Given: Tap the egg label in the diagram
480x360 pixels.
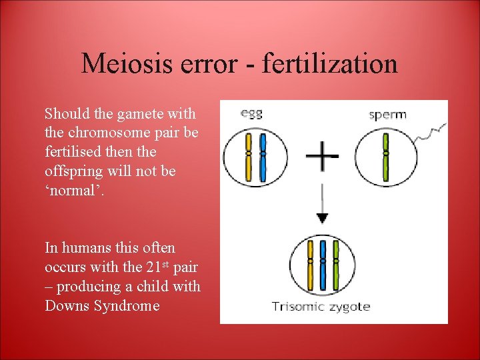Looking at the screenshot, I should click(251, 113).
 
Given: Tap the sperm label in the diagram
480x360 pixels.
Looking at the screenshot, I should click(387, 114).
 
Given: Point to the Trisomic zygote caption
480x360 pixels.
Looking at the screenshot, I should click(320, 307).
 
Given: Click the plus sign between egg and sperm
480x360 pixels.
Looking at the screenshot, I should click(322, 157).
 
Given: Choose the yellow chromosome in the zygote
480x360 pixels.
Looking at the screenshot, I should click(309, 260).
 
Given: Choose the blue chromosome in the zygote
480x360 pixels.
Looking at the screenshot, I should click(322, 260).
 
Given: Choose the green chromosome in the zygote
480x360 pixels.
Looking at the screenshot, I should click(335, 260).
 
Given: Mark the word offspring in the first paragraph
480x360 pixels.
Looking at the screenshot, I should click(73, 171).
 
